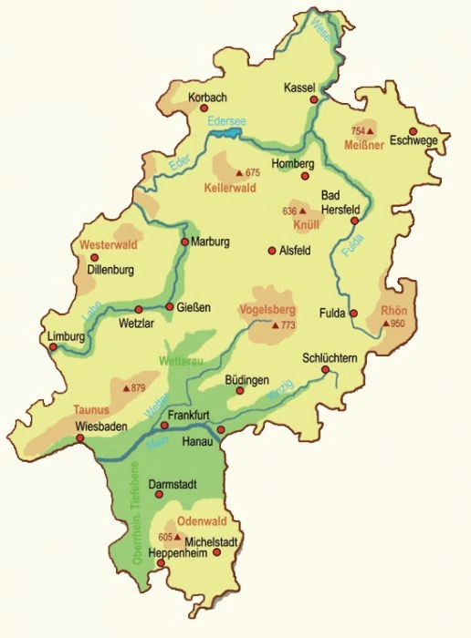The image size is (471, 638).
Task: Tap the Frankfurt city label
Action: pyautogui.click(x=190, y=415)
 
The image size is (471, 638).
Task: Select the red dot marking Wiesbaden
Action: pyautogui.click(x=80, y=437)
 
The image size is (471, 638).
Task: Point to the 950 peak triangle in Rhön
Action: pyautogui.click(x=385, y=324)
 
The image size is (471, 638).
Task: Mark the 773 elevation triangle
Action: pyautogui.click(x=274, y=324)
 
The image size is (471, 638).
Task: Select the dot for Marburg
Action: pyautogui.click(x=184, y=242)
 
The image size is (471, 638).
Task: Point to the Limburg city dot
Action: pyautogui.click(x=53, y=345)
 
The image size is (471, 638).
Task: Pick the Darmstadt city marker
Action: pyautogui.click(x=159, y=495)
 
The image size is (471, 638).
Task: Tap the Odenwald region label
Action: pyautogui.click(x=200, y=521)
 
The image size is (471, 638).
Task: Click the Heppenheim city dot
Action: pyautogui.click(x=162, y=563)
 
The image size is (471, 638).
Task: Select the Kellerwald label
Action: pyautogui.click(x=230, y=187)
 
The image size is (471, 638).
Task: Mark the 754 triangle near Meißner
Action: pyautogui.click(x=370, y=131)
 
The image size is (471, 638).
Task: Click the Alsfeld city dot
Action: pyautogui.click(x=270, y=251)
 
